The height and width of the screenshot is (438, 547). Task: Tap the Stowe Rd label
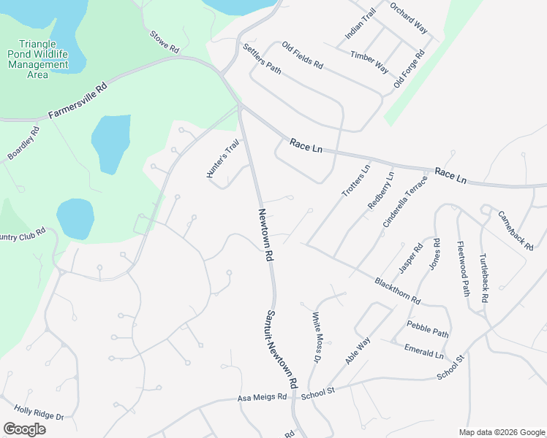tap(165, 42)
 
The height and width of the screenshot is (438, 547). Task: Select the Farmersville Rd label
tap(78, 101)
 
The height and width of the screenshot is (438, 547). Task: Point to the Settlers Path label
tap(262, 59)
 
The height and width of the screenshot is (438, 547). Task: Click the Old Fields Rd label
tap(302, 55)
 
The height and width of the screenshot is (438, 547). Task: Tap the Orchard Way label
tap(409, 18)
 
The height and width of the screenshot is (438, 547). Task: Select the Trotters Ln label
tap(356, 180)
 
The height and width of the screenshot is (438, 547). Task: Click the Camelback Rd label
tap(516, 231)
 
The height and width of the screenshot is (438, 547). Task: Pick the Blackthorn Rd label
tap(397, 290)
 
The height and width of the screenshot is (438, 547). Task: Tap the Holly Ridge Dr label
tap(39, 413)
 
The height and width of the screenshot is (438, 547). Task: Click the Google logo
tap(24, 429)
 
